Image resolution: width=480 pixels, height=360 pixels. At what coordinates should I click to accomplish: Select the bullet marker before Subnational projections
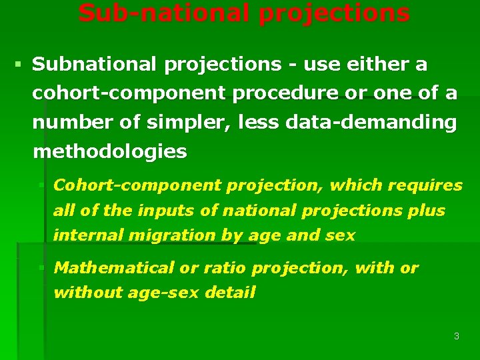[x=17, y=65]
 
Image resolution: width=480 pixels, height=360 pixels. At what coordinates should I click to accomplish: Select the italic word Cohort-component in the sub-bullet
[x=137, y=185]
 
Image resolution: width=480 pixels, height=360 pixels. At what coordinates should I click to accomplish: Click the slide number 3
[x=456, y=336]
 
